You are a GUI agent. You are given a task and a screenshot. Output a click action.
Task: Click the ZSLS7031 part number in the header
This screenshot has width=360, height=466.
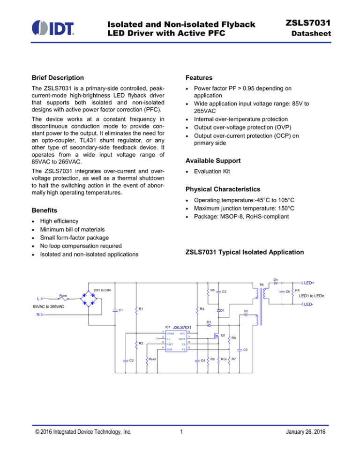point(319,22)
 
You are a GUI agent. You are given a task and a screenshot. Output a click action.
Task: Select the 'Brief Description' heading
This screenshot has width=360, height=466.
point(57,77)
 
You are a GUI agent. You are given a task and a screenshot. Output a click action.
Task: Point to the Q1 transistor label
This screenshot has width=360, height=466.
point(224,335)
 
